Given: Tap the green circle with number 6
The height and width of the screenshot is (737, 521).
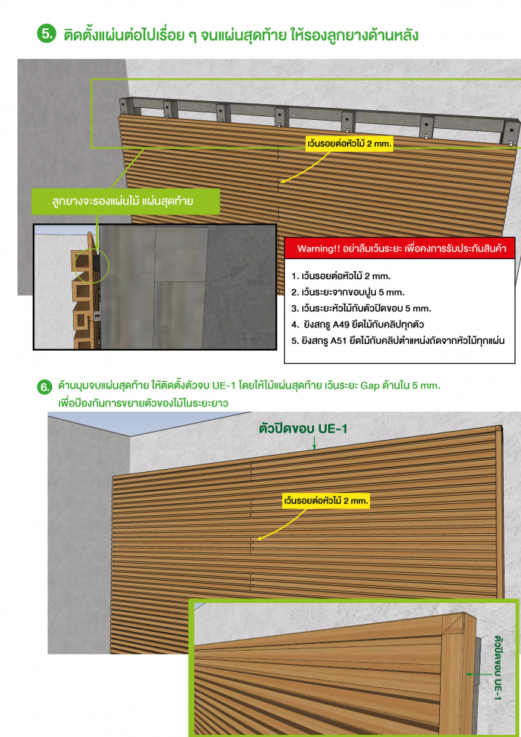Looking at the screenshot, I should click(45, 388).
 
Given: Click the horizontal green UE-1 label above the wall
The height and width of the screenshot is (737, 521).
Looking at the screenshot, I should click(302, 429).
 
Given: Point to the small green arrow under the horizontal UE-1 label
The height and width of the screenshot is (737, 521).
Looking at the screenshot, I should click(314, 444).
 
